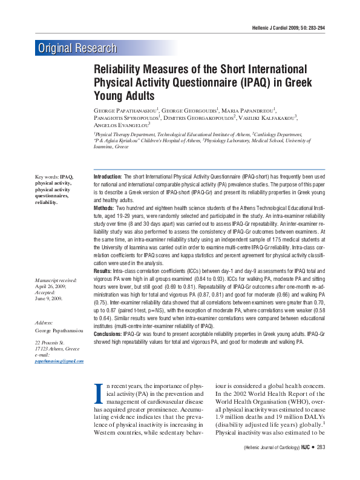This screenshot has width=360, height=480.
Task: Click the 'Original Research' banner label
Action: coord(77,48)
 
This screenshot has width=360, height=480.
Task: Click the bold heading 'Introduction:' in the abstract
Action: coord(108,176)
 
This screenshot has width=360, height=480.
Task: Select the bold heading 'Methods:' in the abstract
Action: coord(105,207)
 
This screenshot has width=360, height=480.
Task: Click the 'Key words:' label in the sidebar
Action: coord(47,177)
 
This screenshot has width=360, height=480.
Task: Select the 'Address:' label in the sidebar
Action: coord(45,323)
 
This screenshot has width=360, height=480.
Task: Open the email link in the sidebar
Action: coord(59,361)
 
